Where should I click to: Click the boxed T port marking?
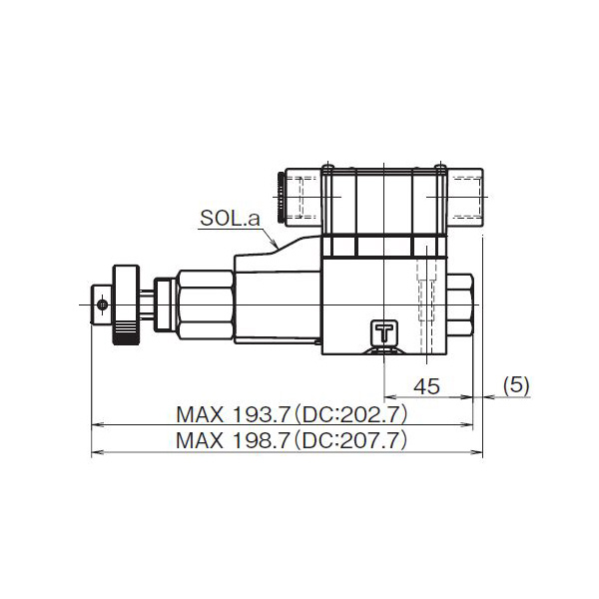click(x=384, y=329)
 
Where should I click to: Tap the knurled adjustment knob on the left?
click(x=125, y=304)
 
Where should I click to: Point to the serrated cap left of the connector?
click(x=279, y=196)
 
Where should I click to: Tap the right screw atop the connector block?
click(x=439, y=167)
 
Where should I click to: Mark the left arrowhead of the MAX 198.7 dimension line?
click(x=96, y=452)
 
